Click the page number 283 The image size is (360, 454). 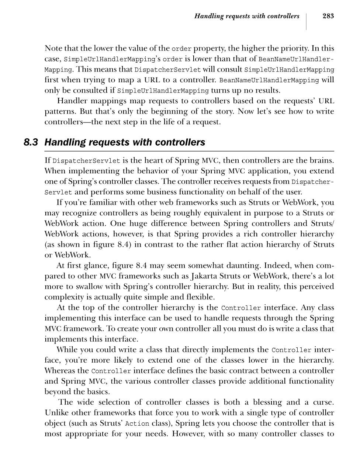coord(328,16)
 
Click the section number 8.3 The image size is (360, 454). coord(31,142)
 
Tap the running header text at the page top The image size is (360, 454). coord(246,16)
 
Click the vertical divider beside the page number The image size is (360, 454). coord(307,21)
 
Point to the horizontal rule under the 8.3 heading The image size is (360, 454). coord(189,151)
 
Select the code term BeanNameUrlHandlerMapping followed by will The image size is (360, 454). coord(269,80)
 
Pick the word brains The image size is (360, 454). coord(322,160)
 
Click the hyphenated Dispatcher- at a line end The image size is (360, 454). coord(312,182)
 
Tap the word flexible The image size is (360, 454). coord(199,297)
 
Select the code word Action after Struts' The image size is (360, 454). coord(137,424)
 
